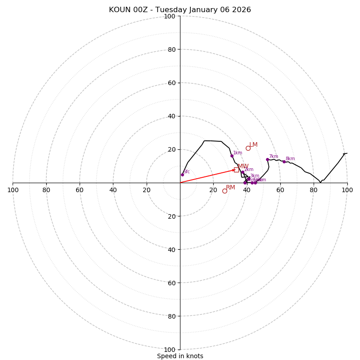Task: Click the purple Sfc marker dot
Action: tap(182, 175)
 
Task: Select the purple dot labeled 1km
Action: tap(232, 156)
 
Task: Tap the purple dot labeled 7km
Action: tap(267, 159)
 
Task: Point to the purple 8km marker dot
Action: tap(284, 162)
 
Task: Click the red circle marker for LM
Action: tap(248, 148)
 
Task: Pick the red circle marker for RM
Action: tap(225, 191)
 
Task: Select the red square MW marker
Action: tap(236, 170)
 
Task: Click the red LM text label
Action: tap(253, 144)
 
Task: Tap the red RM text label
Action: tap(230, 187)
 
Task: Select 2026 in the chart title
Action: tap(242, 10)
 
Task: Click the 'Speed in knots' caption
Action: tap(180, 356)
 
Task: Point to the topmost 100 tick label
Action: tap(170, 17)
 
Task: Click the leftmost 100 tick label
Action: tap(13, 190)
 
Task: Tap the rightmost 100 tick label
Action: tap(347, 190)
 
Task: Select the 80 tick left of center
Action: tap(46, 190)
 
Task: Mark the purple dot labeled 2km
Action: tap(243, 172)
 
